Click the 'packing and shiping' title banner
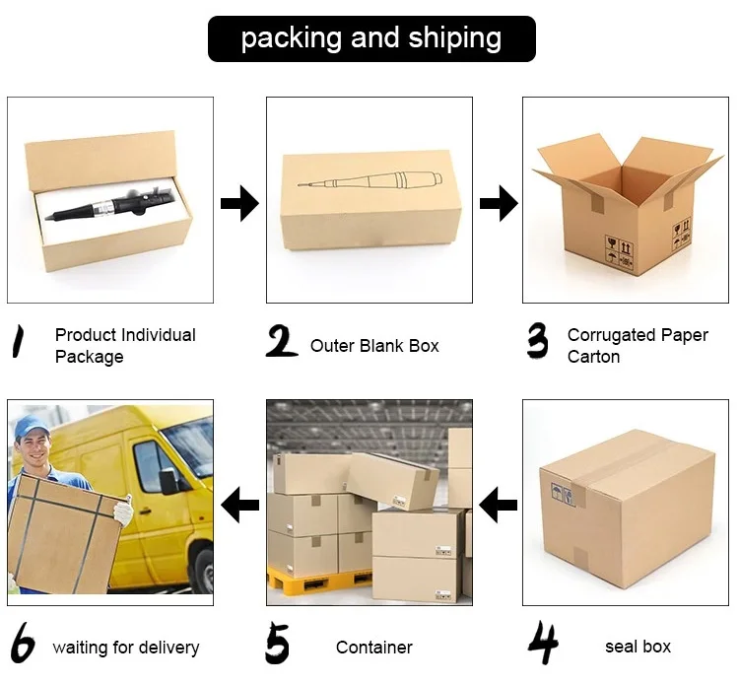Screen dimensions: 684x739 click(x=370, y=38)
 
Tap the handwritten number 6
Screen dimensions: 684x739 click(x=22, y=646)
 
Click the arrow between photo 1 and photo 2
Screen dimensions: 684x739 click(x=239, y=204)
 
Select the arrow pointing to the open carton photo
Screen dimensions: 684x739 click(x=499, y=204)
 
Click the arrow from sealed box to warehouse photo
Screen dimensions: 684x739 click(x=498, y=507)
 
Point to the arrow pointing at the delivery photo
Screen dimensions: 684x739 click(x=239, y=507)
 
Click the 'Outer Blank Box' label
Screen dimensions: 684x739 click(x=374, y=346)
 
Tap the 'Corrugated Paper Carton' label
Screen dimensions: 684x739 click(x=638, y=346)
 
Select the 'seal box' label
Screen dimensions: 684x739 click(x=638, y=648)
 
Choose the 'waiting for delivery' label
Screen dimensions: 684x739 click(x=126, y=648)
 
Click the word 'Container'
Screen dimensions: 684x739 click(x=374, y=648)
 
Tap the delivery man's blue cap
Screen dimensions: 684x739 click(x=32, y=428)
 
